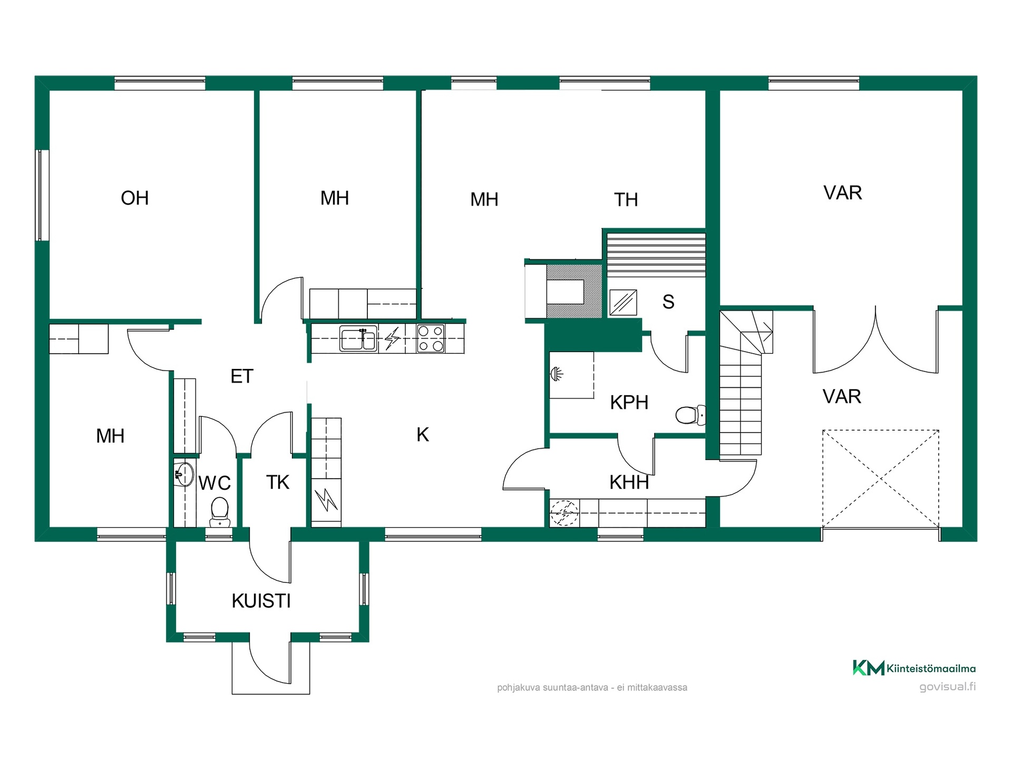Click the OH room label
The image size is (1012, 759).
(135, 198)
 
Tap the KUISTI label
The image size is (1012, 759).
(261, 601)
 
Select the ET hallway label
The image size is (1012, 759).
(242, 376)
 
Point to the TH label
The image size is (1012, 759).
(626, 200)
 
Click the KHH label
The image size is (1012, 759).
(629, 482)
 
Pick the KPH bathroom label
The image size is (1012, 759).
(629, 403)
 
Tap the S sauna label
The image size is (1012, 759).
(668, 302)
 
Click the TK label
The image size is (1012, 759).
(278, 482)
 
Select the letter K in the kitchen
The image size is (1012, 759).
(423, 435)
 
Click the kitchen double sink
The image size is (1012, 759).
(358, 338)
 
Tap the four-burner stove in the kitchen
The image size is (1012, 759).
(431, 338)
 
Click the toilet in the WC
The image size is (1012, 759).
(220, 512)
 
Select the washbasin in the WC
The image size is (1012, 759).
(184, 474)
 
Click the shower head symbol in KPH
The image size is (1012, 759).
(557, 374)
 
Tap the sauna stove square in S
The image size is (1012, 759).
(623, 303)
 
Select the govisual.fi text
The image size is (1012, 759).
(947, 687)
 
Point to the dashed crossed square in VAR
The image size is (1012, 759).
(881, 479)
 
